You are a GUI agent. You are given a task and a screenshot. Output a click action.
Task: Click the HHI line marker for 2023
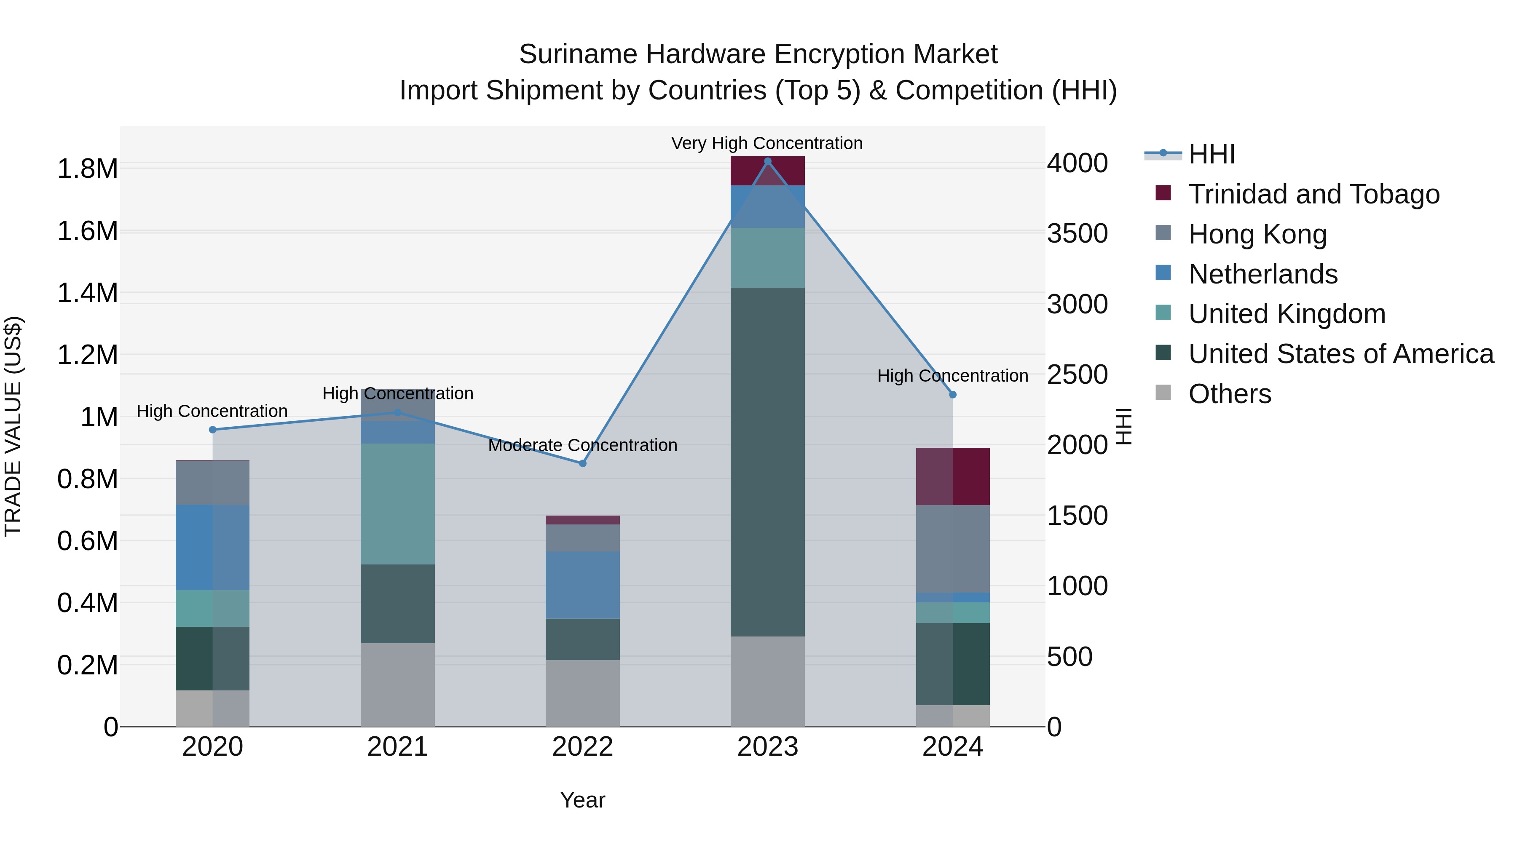click(x=767, y=161)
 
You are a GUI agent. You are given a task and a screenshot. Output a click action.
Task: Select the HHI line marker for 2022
click(x=582, y=463)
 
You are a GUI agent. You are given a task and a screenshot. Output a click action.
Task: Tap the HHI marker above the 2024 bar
click(x=953, y=394)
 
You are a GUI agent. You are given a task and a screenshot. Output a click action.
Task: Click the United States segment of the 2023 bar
click(x=767, y=462)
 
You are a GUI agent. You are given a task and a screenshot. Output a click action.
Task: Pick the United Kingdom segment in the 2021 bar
click(x=397, y=504)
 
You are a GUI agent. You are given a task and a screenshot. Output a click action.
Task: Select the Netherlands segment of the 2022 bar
click(x=582, y=585)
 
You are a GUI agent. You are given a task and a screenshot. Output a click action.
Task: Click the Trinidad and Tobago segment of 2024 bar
click(x=953, y=476)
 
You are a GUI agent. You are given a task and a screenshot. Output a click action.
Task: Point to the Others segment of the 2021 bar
click(x=397, y=684)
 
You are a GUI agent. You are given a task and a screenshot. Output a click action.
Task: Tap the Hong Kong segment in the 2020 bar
click(x=213, y=483)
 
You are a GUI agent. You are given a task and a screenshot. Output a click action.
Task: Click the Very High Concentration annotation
click(x=767, y=143)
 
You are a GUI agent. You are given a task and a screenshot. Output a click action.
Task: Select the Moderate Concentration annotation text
click(x=582, y=445)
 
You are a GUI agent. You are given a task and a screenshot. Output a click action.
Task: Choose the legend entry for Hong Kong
click(x=1257, y=234)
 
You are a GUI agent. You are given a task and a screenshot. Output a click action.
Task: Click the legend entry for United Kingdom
click(x=1287, y=314)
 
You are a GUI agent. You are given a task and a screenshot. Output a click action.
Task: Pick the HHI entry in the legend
click(x=1211, y=154)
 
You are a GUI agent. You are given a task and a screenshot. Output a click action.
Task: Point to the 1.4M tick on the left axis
click(x=87, y=293)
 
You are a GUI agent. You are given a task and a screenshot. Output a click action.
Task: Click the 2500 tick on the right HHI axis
click(x=1077, y=374)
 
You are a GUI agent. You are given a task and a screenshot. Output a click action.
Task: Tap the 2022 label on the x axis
click(x=582, y=747)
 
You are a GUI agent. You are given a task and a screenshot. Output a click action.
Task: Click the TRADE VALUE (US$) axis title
click(x=13, y=426)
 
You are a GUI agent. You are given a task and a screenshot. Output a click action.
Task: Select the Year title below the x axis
click(x=582, y=800)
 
